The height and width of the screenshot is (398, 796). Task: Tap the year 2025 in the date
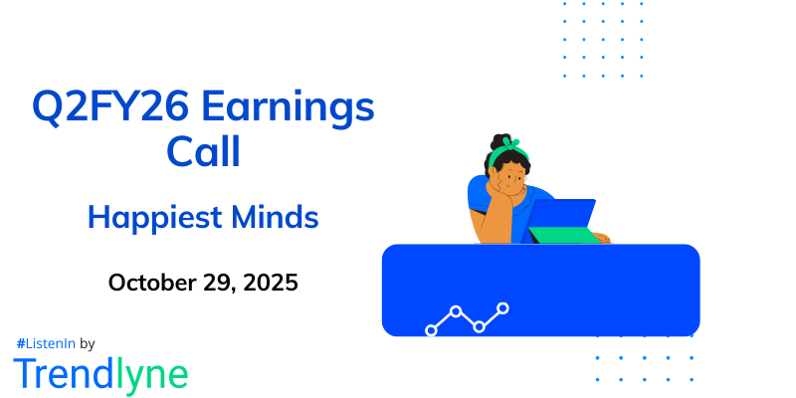coord(272,282)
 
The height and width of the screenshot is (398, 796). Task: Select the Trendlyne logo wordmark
coord(100,374)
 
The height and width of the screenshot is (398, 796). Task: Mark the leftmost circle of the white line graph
coord(431,329)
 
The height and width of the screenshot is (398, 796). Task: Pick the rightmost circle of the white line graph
coord(503,308)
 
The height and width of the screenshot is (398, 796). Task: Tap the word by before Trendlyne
coord(87,343)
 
